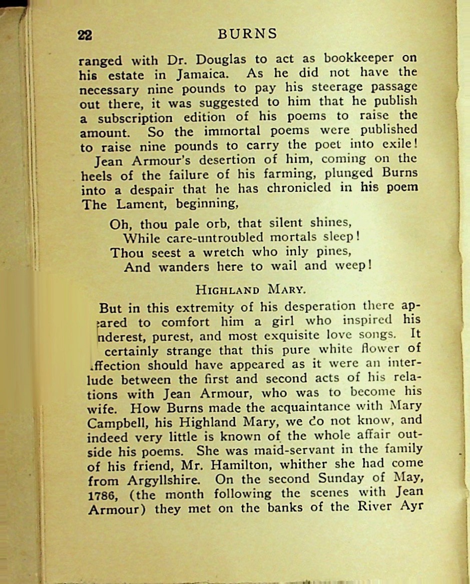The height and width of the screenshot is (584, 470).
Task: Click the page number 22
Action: [x=85, y=35]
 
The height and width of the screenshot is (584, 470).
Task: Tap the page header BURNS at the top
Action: [x=247, y=34]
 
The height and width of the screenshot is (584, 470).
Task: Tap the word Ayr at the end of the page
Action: [x=412, y=506]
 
